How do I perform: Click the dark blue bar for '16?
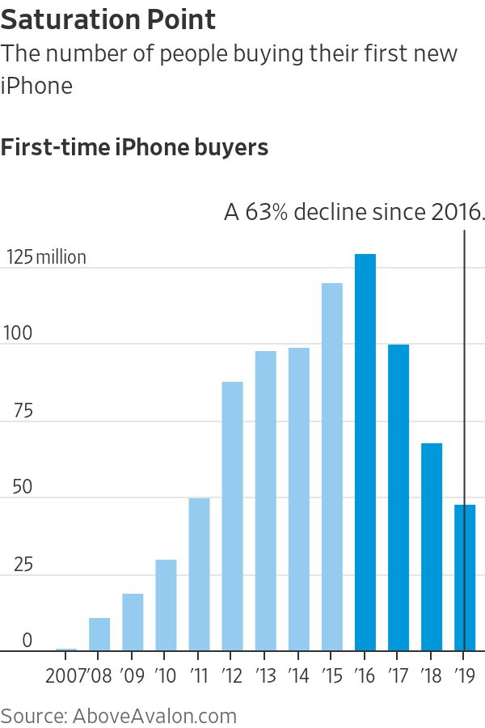point(365,453)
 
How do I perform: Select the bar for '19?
point(465,578)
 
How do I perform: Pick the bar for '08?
point(99,634)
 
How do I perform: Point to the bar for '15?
point(332,467)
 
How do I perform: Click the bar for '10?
point(166,605)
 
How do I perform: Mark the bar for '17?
point(399,497)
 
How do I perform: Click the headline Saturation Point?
point(108,19)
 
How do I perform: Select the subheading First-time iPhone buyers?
point(135,148)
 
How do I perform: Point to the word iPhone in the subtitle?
point(36,85)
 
